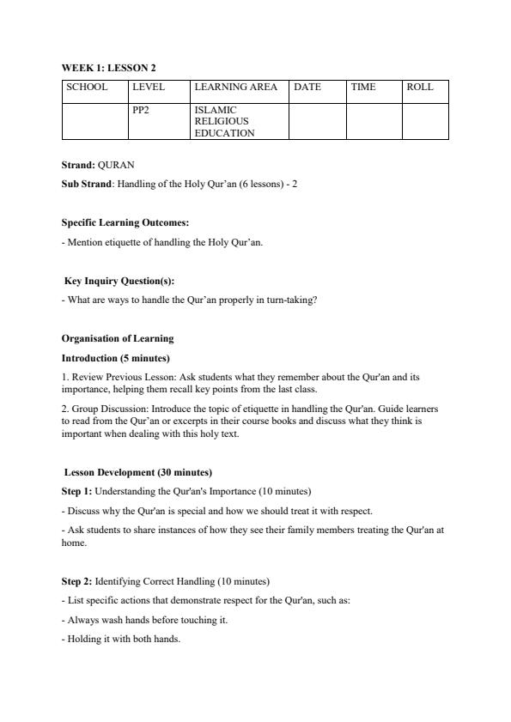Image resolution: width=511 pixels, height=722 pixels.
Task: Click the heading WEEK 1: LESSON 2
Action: pos(108,67)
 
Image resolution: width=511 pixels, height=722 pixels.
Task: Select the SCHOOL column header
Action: pos(87,87)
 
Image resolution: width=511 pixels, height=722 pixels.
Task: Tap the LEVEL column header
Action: pos(149,87)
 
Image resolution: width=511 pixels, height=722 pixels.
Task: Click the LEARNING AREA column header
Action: pos(235,87)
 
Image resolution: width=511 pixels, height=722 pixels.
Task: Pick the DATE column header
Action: pos(307,87)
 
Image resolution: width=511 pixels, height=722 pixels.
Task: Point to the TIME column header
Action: pos(363,87)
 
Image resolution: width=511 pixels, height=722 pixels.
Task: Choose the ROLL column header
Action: pos(420,87)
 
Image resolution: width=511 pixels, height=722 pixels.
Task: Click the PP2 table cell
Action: pos(141,110)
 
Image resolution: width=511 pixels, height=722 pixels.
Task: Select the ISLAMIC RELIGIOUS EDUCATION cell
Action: pos(225,121)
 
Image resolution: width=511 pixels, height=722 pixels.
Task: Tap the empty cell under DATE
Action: pos(317,121)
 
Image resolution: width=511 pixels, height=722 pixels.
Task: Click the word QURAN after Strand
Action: pos(116,165)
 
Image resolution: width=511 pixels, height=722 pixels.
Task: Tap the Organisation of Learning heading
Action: pos(118,338)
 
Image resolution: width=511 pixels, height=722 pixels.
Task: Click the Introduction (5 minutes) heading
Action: pos(116,357)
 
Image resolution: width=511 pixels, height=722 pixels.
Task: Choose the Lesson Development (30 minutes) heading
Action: pos(138,472)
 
